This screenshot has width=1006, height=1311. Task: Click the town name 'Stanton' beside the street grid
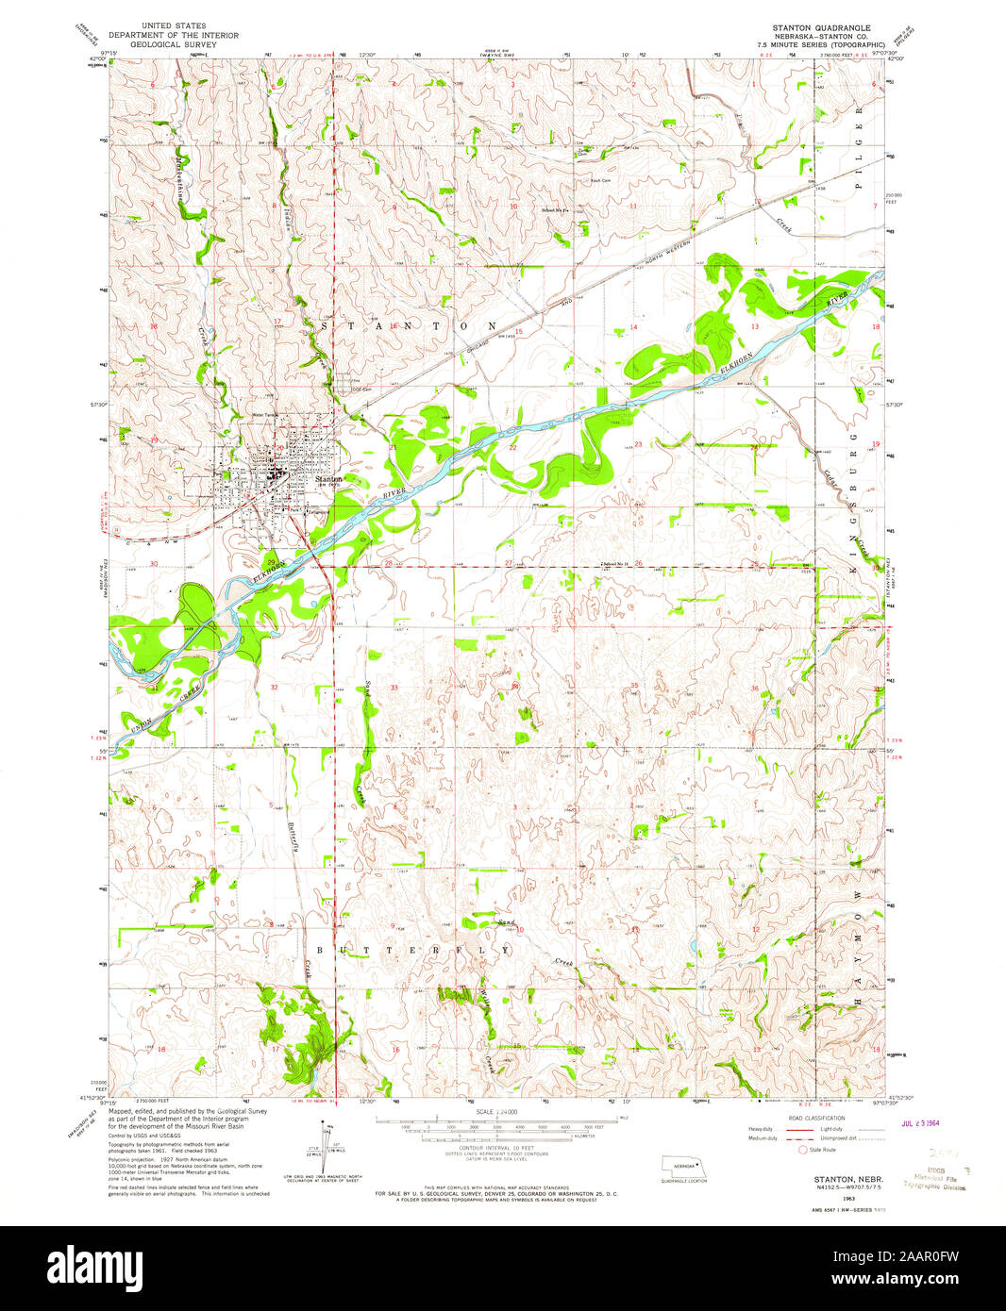coord(328,479)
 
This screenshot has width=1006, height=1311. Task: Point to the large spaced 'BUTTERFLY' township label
coord(416,950)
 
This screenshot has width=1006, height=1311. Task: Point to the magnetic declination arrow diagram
coord(326,1146)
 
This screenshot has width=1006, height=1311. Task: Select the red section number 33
coord(394,688)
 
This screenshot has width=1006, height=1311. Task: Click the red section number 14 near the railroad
coord(634,327)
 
